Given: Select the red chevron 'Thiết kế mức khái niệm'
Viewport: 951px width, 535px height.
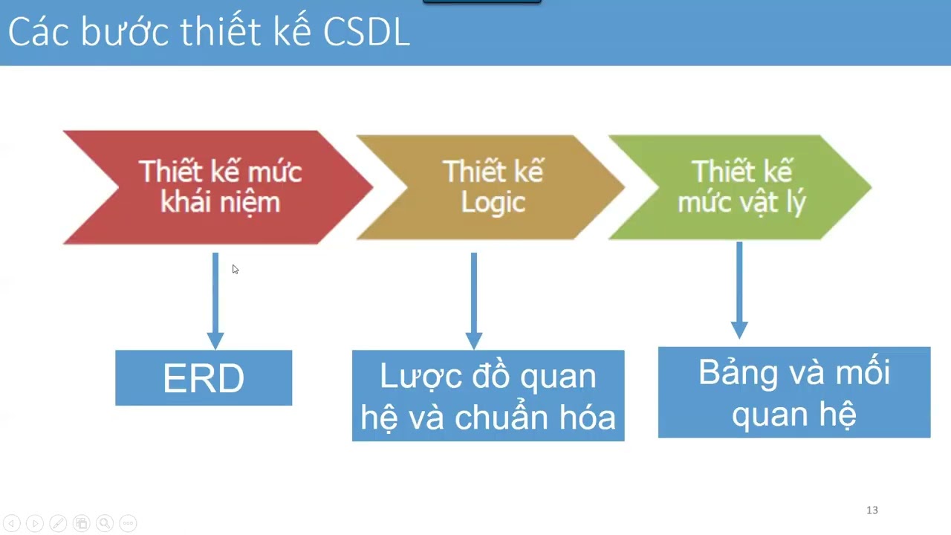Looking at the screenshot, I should (x=215, y=187).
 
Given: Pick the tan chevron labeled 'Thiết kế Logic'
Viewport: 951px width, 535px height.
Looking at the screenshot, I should (x=490, y=187).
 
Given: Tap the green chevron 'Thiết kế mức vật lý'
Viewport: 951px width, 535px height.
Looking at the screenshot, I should (x=740, y=187).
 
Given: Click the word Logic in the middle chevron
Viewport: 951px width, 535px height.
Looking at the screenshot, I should (x=493, y=203).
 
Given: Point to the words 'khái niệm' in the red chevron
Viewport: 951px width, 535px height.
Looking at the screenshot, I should (x=221, y=203).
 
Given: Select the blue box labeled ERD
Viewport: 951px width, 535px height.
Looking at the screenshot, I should (x=204, y=378).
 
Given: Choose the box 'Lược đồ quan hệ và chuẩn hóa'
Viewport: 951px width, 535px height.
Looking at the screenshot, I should (x=488, y=396).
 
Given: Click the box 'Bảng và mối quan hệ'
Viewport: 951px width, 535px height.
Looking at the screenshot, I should (x=794, y=392).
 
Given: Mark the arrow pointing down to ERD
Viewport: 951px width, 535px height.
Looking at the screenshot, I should (x=215, y=301).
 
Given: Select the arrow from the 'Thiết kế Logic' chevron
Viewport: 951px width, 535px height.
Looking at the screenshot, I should (x=474, y=301).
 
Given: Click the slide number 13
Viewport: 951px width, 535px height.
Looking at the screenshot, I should (x=872, y=510).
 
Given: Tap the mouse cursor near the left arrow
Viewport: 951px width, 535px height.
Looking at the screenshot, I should (x=235, y=269).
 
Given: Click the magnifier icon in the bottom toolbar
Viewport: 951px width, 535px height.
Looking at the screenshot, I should (x=105, y=523).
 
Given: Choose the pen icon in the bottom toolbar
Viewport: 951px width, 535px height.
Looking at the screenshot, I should (x=58, y=523).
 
